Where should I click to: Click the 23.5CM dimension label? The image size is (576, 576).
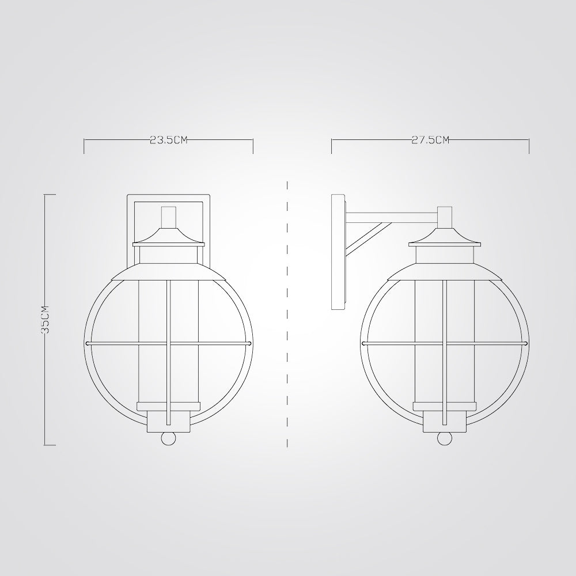click(x=169, y=139)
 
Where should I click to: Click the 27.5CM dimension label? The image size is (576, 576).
click(x=430, y=139)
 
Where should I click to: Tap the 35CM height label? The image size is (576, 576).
click(x=45, y=319)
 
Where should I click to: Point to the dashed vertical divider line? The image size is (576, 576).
click(x=287, y=314)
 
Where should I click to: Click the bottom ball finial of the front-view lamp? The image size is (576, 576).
click(x=169, y=438)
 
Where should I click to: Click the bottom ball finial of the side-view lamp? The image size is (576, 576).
click(x=445, y=438)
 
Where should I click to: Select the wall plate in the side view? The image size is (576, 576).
click(x=338, y=252)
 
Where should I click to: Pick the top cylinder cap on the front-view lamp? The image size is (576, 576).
click(x=169, y=217)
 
